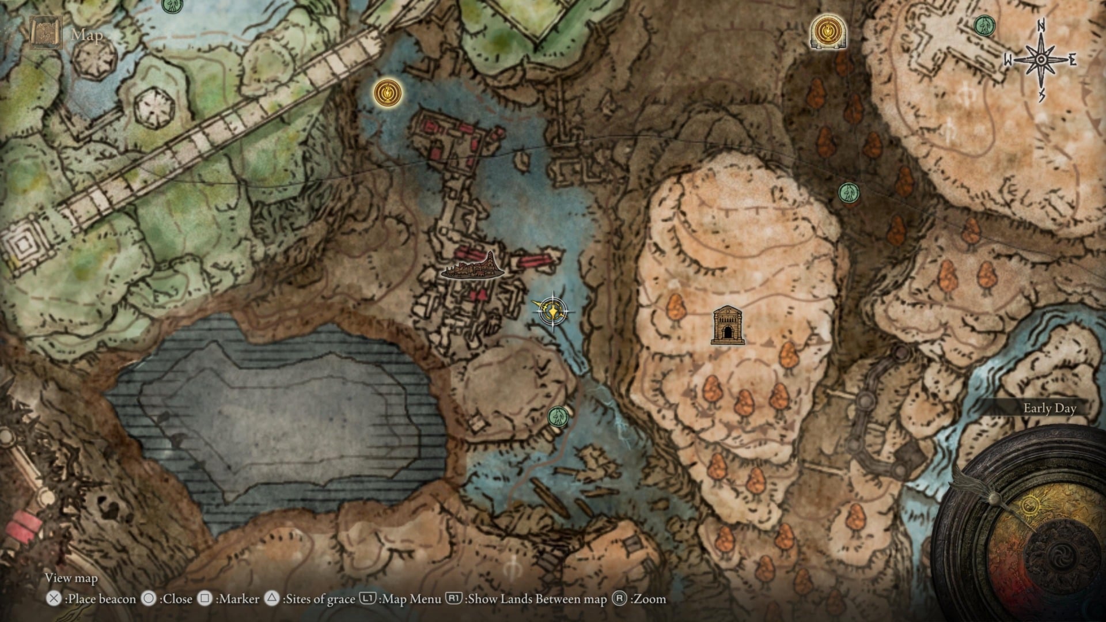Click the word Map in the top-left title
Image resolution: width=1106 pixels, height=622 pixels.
point(87,36)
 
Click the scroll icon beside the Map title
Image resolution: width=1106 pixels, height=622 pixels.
point(46,32)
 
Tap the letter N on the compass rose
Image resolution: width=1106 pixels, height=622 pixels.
point(1041,26)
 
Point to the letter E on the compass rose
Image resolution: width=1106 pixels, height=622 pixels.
point(1073,60)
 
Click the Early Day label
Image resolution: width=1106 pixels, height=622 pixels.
point(1050,408)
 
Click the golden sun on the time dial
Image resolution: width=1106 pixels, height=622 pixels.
point(1030,506)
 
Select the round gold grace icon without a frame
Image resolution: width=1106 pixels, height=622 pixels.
point(387,92)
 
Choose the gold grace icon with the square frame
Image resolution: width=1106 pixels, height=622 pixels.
point(828,31)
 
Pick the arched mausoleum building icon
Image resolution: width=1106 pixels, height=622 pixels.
point(728,325)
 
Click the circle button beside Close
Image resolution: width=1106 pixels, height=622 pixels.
point(149,599)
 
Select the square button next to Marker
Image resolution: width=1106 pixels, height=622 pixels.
point(204,599)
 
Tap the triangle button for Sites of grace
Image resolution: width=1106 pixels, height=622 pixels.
point(272,599)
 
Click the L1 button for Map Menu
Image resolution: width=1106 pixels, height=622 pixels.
point(368,599)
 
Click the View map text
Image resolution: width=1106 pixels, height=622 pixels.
point(71,578)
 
